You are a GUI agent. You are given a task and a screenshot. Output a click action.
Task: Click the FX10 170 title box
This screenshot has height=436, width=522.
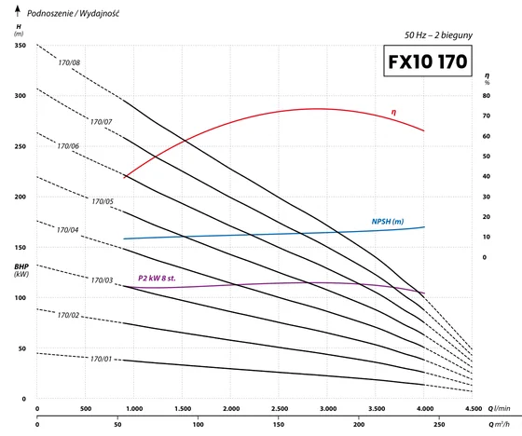pos(428,61)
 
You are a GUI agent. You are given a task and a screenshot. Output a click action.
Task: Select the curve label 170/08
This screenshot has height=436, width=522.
pos(69,62)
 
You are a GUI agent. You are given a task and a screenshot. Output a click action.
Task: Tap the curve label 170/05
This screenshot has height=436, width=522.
pos(103,201)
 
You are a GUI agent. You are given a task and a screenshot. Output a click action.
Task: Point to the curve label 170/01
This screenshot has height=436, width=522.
pos(102,359)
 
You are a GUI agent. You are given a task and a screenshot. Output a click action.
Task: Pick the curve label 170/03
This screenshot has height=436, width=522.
pos(103,280)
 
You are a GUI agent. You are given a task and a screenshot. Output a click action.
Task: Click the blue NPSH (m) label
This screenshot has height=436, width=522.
pos(388,222)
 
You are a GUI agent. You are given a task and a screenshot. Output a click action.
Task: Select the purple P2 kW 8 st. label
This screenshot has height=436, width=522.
pos(157,278)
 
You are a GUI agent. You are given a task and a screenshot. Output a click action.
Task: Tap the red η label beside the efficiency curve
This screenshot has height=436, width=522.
pos(393,112)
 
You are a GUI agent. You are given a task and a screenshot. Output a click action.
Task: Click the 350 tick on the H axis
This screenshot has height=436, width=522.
pos(20,45)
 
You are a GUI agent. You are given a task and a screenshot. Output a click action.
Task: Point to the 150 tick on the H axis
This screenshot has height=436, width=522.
pos(20,247)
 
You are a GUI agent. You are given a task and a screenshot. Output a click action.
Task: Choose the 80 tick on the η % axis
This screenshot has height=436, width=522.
pos(487,96)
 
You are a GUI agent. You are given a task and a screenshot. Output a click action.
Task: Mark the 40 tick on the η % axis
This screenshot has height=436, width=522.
pos(487,176)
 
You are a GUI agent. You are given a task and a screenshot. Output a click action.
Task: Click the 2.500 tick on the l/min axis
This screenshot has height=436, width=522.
pos(280,408)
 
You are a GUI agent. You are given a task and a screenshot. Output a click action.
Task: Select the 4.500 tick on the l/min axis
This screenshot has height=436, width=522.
pos(474,408)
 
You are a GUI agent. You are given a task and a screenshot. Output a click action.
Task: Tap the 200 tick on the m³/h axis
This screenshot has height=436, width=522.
pos(359,424)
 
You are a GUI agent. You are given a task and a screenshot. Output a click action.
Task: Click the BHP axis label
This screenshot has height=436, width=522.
pos(21,266)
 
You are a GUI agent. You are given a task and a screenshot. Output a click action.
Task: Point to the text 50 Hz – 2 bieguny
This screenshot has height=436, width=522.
pos(438,35)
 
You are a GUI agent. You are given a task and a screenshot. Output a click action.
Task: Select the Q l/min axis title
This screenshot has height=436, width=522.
pos(499,408)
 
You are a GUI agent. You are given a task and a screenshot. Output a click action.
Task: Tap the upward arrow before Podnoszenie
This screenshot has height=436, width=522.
pos(18,11)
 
